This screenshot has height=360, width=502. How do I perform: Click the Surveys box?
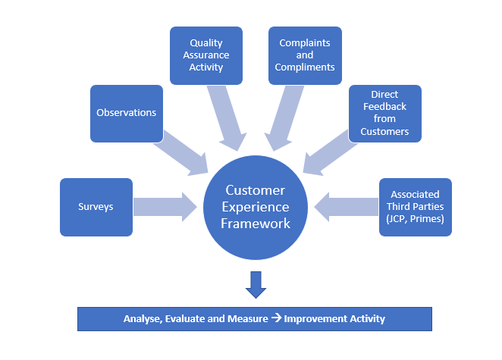coord(96,207)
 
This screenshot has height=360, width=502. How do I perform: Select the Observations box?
coord(127,114)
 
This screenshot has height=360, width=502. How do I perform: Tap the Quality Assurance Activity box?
coord(206,55)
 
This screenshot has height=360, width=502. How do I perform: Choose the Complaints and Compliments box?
coord(305,55)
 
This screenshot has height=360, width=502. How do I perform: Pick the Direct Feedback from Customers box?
coord(384,114)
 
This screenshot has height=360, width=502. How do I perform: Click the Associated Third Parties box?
coord(415,207)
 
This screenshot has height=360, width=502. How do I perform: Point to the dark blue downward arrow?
coord(256,284)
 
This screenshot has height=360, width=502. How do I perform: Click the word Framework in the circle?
coord(256,224)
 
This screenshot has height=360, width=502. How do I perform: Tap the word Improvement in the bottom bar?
coord(318,319)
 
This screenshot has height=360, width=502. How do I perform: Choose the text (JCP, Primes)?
coord(415,218)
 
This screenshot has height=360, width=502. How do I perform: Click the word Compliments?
coord(305,67)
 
